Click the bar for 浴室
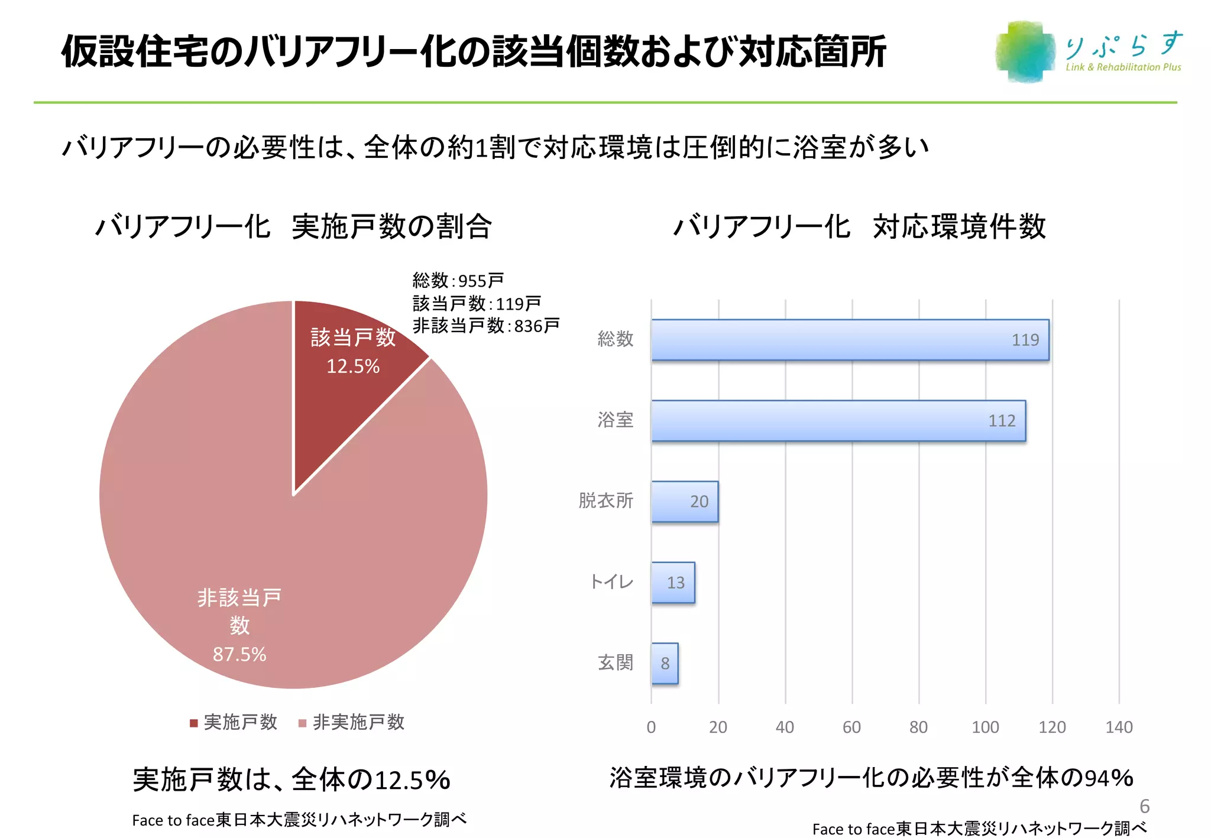click(838, 421)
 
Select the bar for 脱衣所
click(685, 502)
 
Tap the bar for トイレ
click(673, 583)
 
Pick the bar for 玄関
click(665, 664)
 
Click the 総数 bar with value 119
click(850, 340)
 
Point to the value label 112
click(1002, 421)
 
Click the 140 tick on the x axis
click(1119, 727)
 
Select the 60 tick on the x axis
click(851, 727)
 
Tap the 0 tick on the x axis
click(651, 727)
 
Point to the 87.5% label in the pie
click(239, 654)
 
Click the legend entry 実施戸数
click(234, 722)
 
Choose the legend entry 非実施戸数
click(352, 722)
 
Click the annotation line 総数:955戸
click(458, 280)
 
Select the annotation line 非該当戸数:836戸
click(486, 326)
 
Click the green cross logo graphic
click(1025, 52)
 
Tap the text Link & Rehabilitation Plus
click(1123, 67)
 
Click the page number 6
click(1144, 806)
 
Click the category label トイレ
click(612, 582)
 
